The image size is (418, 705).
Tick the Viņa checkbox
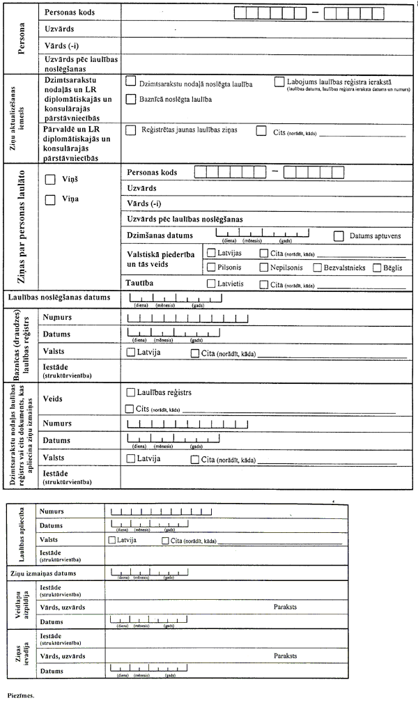tap(49, 200)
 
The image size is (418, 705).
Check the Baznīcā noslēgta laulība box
tap(130, 100)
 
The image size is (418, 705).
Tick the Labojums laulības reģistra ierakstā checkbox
tap(279, 82)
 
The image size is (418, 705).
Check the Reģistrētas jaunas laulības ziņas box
tap(130, 130)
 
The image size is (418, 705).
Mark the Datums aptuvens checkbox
tap(339, 236)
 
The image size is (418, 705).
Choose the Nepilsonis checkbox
tap(264, 267)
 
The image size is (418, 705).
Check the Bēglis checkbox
tap(377, 267)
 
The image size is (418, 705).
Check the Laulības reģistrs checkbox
tap(130, 393)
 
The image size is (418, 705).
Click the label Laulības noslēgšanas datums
tap(59, 297)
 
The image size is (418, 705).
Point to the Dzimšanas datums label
tap(160, 235)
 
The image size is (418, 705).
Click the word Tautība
tap(140, 283)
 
